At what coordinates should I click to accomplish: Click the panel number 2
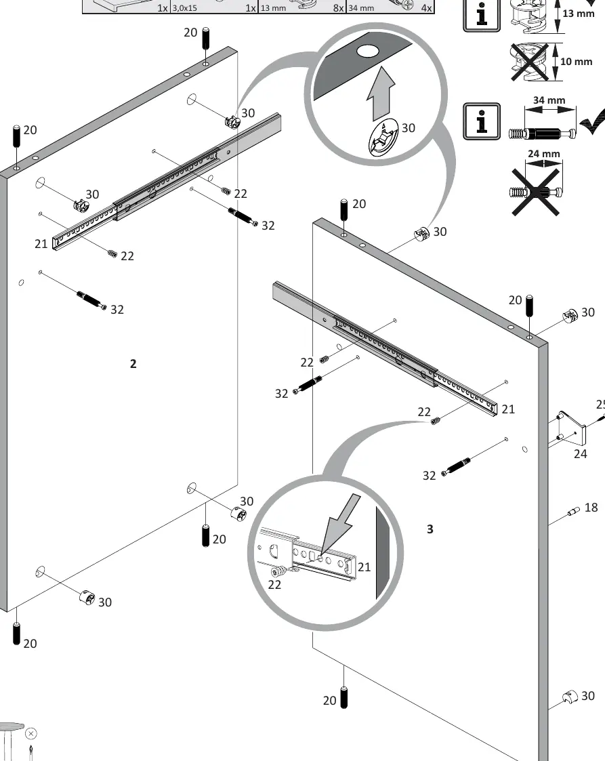[133, 363]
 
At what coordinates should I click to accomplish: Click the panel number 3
[430, 529]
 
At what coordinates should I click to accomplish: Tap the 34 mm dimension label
[549, 100]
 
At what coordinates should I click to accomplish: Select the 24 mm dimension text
[543, 154]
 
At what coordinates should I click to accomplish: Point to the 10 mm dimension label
[577, 62]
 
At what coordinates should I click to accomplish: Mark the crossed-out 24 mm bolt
[536, 192]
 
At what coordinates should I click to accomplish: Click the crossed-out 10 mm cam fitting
[529, 62]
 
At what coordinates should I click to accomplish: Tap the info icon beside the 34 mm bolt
[481, 121]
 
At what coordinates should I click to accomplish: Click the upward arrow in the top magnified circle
[381, 94]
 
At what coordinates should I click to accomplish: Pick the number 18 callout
[591, 507]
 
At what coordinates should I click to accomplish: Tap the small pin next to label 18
[573, 511]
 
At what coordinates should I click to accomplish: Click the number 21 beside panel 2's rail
[41, 244]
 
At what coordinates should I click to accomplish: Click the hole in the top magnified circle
[369, 51]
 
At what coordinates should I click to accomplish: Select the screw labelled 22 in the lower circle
[278, 571]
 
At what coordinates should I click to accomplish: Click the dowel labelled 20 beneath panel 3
[344, 697]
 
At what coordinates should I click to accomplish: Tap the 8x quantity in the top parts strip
[338, 7]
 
